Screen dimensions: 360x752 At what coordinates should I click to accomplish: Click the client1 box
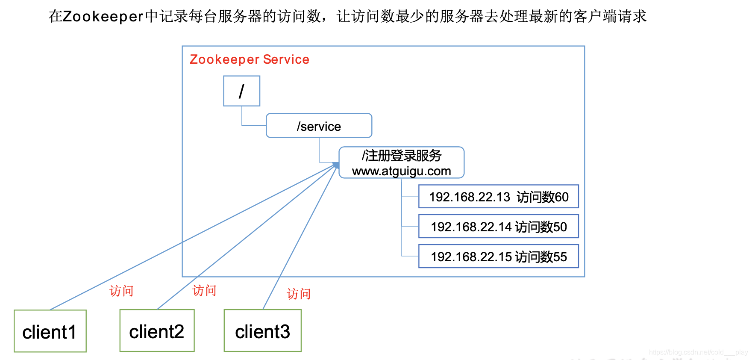click(50, 331)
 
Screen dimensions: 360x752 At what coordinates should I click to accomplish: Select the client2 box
click(157, 331)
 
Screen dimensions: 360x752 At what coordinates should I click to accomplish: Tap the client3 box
click(262, 331)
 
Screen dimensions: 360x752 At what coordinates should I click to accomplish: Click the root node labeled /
click(241, 91)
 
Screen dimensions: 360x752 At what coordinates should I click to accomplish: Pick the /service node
click(319, 126)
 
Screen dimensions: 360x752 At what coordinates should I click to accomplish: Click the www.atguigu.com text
click(401, 171)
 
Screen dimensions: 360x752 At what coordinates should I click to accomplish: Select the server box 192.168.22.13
click(498, 197)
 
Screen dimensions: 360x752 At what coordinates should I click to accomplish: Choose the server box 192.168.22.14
click(498, 227)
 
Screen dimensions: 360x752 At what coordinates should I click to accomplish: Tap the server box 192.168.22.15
click(498, 257)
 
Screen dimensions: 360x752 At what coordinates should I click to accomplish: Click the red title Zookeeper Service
click(249, 59)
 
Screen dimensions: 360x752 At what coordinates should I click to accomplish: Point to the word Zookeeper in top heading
click(103, 17)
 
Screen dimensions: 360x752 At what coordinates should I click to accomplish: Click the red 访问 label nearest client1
click(121, 291)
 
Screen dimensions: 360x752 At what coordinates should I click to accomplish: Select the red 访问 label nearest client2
click(204, 291)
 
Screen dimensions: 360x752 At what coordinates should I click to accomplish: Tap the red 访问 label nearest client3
click(298, 294)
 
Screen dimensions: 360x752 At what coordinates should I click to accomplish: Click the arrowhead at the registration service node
click(336, 165)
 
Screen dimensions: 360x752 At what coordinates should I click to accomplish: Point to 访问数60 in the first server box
click(543, 197)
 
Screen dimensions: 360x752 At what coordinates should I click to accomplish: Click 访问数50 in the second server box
click(541, 227)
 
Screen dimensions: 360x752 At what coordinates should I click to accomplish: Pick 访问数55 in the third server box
click(541, 257)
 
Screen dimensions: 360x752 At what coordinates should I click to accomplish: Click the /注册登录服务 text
click(401, 156)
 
